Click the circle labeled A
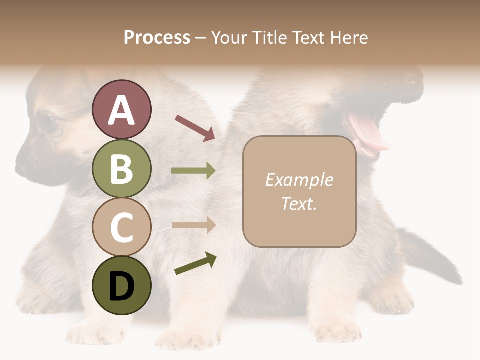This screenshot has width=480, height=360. click(x=121, y=109)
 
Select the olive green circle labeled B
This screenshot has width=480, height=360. click(x=121, y=168)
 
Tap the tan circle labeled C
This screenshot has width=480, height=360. click(x=121, y=227)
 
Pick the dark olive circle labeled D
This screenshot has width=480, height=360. click(x=121, y=285)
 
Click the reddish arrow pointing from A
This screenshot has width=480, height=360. click(x=195, y=127)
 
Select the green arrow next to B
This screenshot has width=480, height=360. click(x=193, y=171)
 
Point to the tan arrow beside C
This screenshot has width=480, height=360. click(x=193, y=225)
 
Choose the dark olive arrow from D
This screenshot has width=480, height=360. click(x=195, y=263)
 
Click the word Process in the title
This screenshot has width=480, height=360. click(x=157, y=37)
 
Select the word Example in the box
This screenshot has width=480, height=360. click(x=299, y=180)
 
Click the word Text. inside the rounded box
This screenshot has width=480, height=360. click(x=299, y=203)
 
